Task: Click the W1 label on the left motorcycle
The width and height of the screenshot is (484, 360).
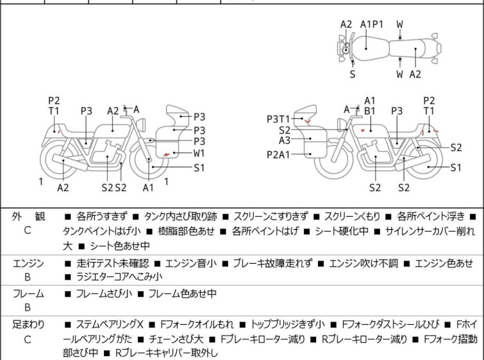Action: pyautogui.click(x=199, y=153)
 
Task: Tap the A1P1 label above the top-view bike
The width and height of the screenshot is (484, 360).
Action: pyautogui.click(x=371, y=24)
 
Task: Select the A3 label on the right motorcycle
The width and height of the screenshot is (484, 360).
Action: pyautogui.click(x=285, y=141)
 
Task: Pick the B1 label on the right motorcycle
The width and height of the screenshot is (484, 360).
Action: pyautogui.click(x=369, y=111)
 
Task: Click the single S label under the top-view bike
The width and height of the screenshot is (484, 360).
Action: pyautogui.click(x=352, y=74)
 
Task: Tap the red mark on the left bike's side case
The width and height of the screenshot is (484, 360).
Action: pyautogui.click(x=167, y=154)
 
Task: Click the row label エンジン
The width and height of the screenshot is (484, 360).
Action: pyautogui.click(x=28, y=262)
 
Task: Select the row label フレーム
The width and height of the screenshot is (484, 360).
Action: pyautogui.click(x=28, y=293)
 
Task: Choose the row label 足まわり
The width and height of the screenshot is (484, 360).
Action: pyautogui.click(x=28, y=325)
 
